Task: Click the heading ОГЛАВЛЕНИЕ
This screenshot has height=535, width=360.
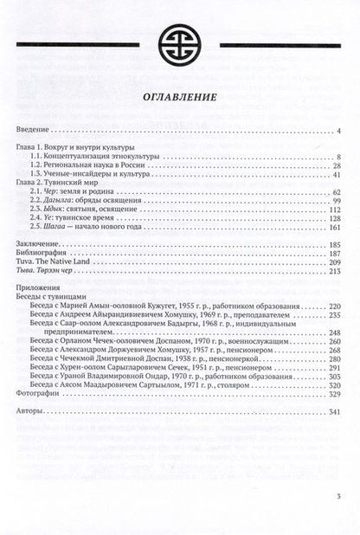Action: coord(179,99)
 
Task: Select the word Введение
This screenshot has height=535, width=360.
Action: coord(35,131)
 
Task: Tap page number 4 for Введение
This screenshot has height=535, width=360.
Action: coord(340,131)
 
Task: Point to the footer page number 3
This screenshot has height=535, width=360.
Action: coord(338,519)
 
